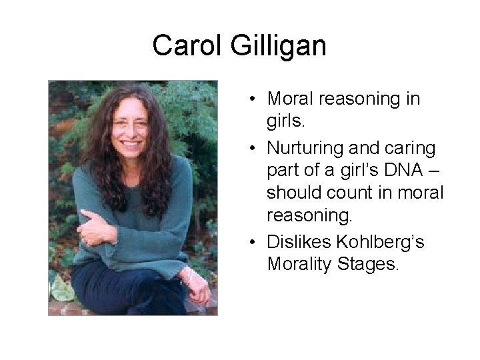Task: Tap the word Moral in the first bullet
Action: tap(291, 99)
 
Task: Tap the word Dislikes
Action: tap(297, 241)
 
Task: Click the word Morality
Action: tap(298, 265)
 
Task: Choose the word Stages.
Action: tap(366, 265)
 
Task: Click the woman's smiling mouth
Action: tap(131, 143)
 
